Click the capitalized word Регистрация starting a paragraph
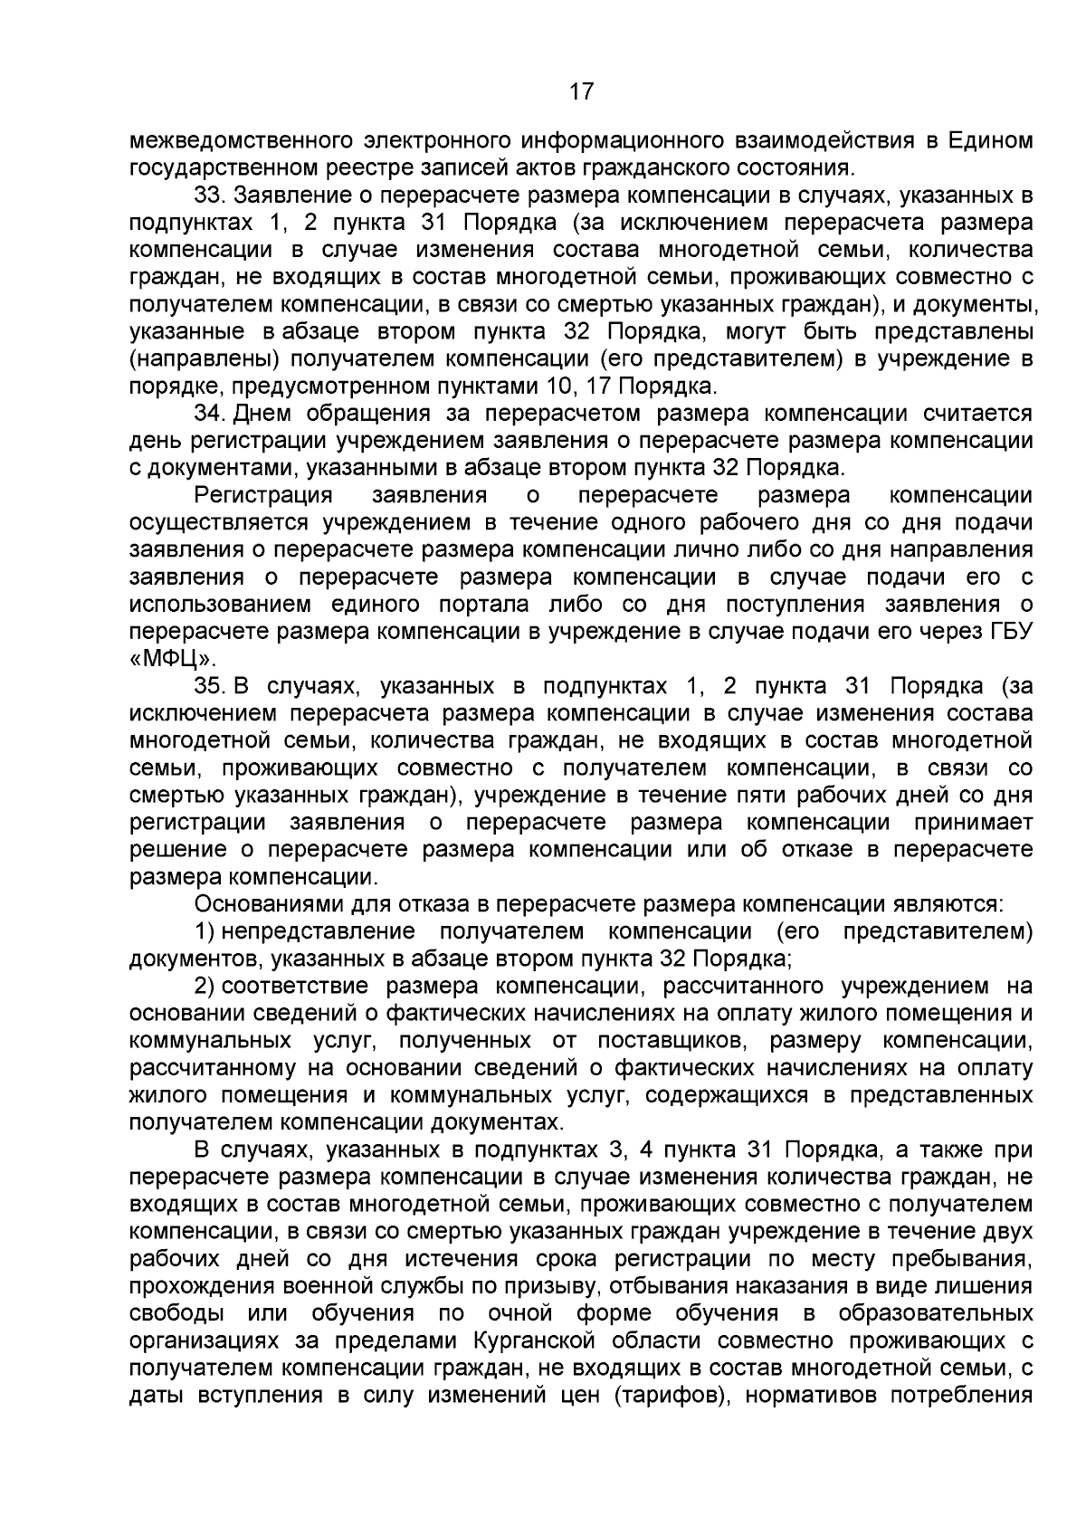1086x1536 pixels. pos(263,495)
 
